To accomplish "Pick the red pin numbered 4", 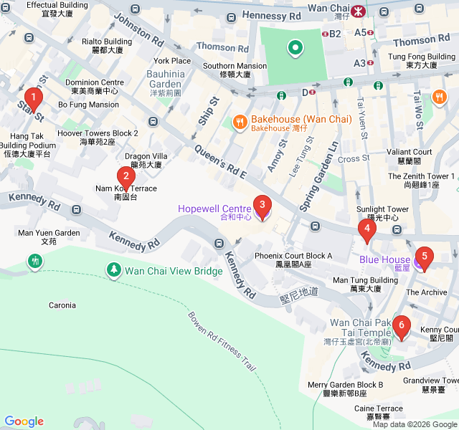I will [366, 230].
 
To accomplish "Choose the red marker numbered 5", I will [424, 257].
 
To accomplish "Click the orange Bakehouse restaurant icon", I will [240, 123].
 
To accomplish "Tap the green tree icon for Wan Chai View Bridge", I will [113, 269].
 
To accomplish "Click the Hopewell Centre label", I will [214, 209].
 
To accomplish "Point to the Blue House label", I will [384, 260].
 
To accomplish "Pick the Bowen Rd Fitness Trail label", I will [222, 341].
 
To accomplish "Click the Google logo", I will [24, 421].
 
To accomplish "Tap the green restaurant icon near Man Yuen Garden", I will [34, 261].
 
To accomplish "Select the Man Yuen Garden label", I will [49, 233].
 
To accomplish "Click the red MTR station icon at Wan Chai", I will [356, 11].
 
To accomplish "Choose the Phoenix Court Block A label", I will [293, 256].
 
